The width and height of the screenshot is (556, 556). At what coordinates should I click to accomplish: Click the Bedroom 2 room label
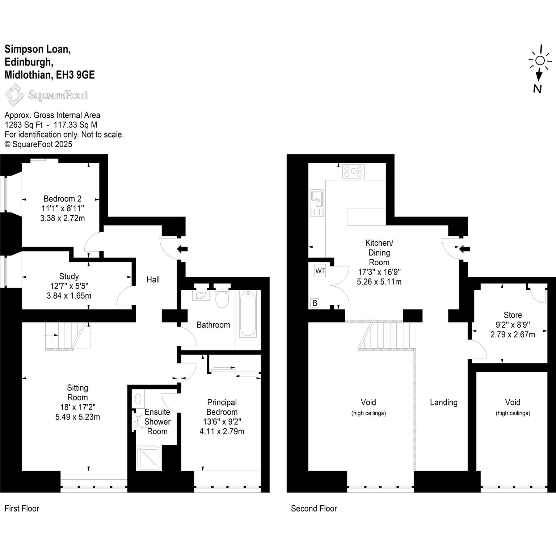click(62, 198)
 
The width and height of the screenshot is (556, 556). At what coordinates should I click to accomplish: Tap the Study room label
click(69, 277)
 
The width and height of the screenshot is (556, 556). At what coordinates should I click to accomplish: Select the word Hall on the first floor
click(153, 279)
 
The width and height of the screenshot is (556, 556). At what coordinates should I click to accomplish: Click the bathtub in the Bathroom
click(248, 315)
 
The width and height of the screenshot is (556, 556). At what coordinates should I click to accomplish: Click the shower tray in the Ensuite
click(149, 458)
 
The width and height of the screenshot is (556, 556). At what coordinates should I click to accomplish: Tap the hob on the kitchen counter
click(354, 171)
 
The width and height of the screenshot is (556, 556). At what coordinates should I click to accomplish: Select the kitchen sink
click(317, 203)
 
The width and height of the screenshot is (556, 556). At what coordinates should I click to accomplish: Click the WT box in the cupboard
click(320, 271)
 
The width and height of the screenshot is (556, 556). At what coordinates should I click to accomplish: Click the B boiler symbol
click(315, 303)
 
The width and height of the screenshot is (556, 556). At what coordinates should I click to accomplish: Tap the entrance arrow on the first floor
click(182, 249)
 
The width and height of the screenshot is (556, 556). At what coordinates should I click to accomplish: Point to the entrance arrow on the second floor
click(464, 249)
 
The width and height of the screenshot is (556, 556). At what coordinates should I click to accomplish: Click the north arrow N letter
click(537, 89)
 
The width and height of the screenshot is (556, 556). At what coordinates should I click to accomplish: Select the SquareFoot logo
click(46, 95)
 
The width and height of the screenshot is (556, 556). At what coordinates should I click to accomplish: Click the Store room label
click(513, 315)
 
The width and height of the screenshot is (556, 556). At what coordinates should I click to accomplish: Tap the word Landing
click(444, 403)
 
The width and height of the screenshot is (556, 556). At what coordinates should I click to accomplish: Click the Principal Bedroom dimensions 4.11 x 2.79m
click(222, 431)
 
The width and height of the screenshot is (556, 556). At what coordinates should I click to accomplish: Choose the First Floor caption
click(22, 509)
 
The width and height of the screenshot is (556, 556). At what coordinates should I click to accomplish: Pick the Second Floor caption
click(314, 509)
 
